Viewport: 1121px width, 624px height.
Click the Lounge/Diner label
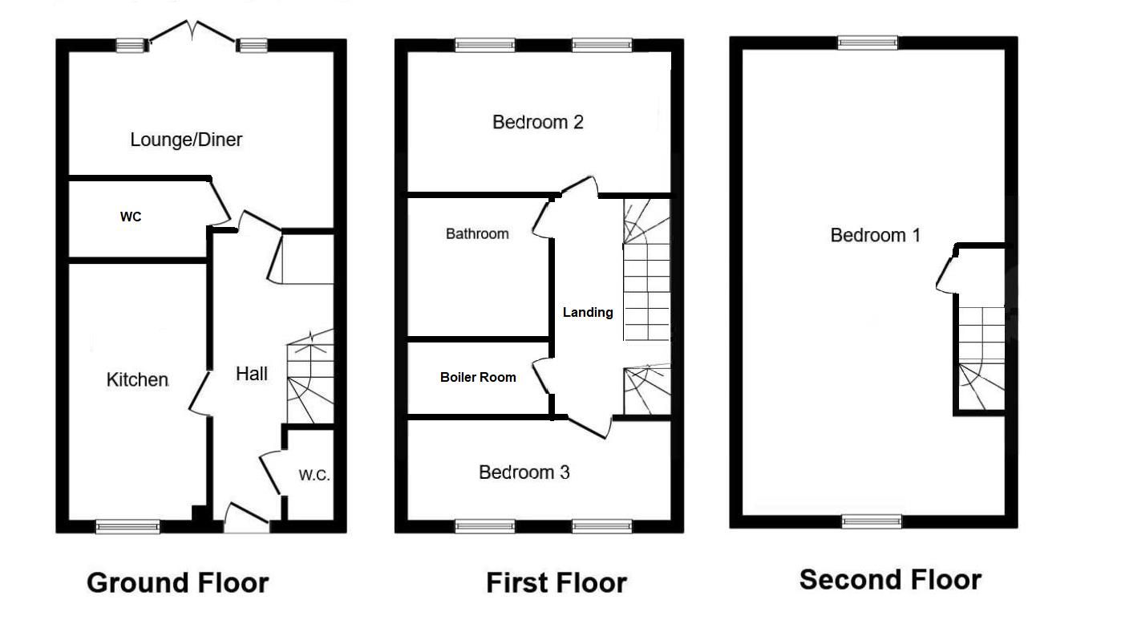[x=186, y=140]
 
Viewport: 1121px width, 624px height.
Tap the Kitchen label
[x=137, y=379]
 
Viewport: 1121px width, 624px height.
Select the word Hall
[x=251, y=373]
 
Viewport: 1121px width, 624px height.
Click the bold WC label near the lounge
[x=131, y=217]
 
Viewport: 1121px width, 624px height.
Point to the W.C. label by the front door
[x=314, y=475]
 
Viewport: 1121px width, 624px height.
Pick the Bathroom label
[x=477, y=233]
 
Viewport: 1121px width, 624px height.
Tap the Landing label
[x=588, y=312]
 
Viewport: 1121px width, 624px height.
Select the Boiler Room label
[x=478, y=376]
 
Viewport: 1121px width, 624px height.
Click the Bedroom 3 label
[x=524, y=472]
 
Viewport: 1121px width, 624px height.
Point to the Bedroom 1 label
[x=875, y=235]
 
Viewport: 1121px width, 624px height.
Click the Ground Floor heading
[x=177, y=582]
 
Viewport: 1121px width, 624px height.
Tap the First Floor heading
[x=556, y=582]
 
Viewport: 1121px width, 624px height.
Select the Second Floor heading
[x=890, y=579]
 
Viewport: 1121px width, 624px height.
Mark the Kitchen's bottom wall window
[x=127, y=526]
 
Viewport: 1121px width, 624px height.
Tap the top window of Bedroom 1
[x=868, y=43]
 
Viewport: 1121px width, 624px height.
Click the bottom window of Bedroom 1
[x=872, y=521]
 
